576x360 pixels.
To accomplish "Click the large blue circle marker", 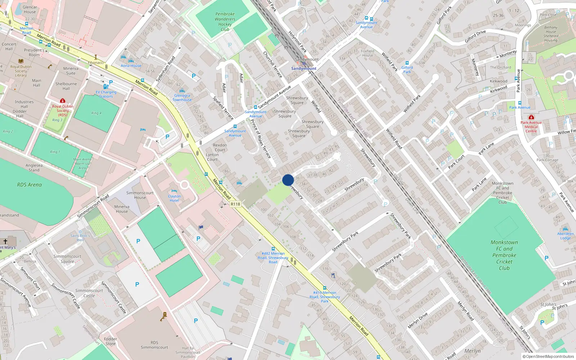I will coord(288,180).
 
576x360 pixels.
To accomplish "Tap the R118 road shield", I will coord(235,204).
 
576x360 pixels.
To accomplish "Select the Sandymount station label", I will coord(303,68).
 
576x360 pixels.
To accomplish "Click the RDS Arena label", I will coord(30,185).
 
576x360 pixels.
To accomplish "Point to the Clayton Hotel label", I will coord(174,198).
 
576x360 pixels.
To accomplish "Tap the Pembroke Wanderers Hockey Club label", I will coord(225,22).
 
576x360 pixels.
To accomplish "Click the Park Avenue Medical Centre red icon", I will coord(531,117).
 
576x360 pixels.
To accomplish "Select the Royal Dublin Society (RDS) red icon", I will coord(63,101).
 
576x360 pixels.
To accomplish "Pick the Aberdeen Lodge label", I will coord(565,236).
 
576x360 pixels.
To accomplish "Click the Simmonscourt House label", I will coord(140,195).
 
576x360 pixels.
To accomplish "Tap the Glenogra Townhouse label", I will coord(182,98).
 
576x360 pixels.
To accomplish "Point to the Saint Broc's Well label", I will coord(80,238).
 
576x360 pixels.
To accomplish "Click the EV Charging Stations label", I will coord(106,94).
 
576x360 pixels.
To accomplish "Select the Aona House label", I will coord(131,66).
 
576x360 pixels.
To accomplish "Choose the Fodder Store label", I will coord(111,341).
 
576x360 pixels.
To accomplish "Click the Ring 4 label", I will coord(96,113).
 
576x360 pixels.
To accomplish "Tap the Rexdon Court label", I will coord(220,148).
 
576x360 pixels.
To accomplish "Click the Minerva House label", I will coord(122,209).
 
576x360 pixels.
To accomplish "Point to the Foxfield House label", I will coord(368,53).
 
